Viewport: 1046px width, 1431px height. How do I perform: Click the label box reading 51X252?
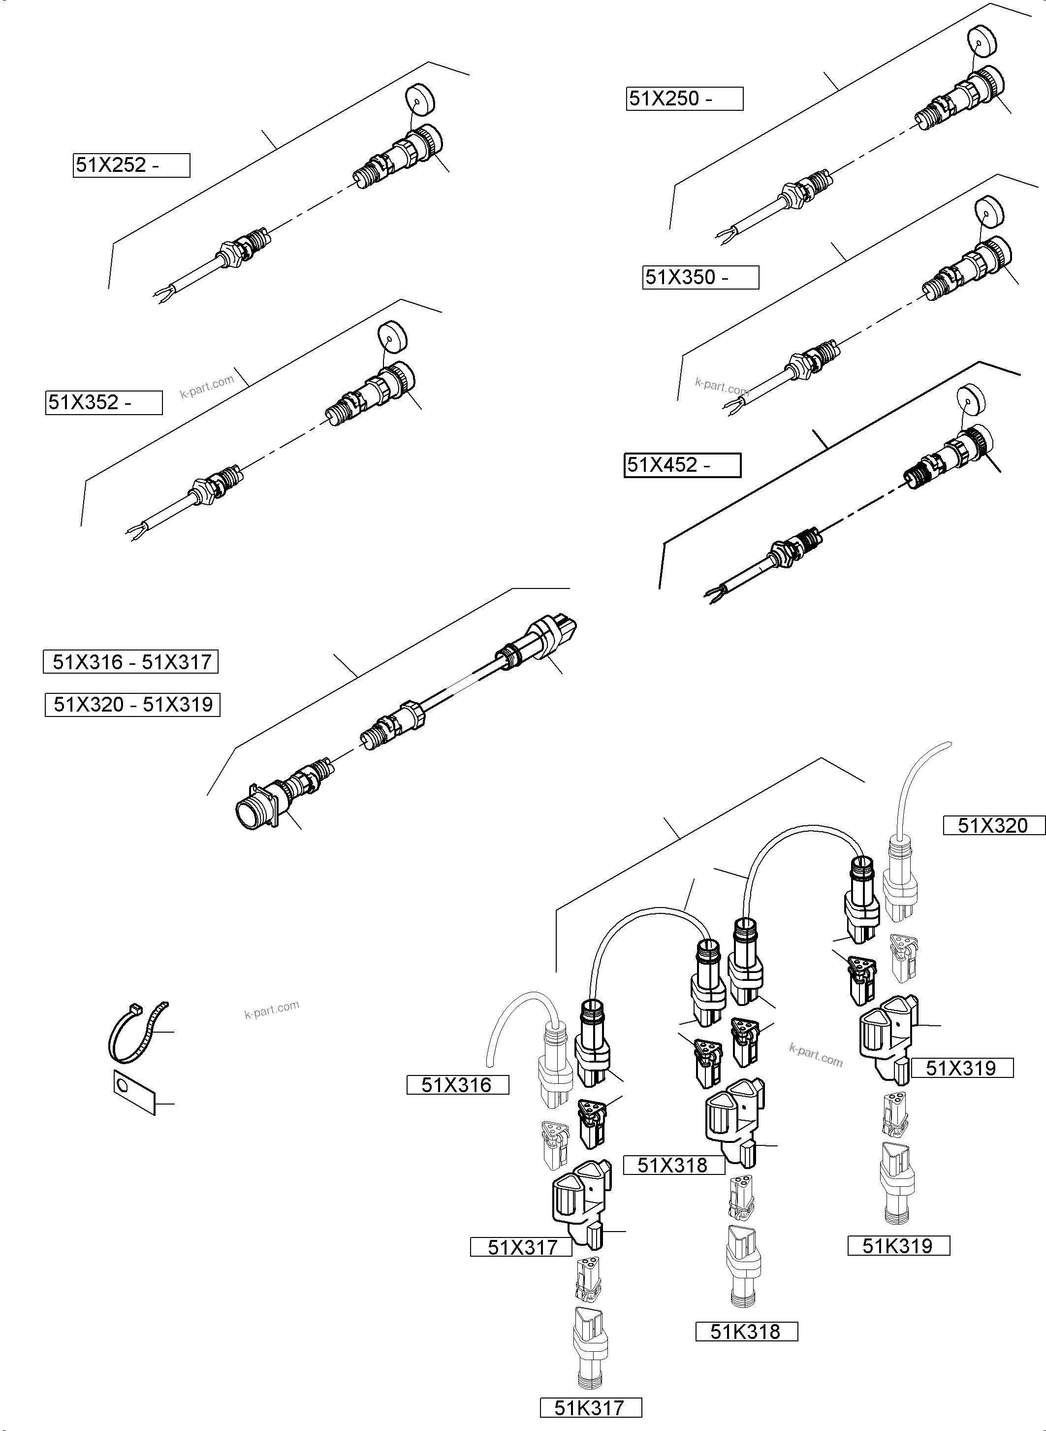click(131, 165)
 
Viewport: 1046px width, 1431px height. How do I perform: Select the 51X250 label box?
click(685, 99)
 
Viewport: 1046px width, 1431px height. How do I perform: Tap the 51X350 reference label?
click(700, 277)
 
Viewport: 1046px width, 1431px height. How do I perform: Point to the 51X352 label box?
click(104, 403)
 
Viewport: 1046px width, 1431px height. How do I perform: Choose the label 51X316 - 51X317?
click(131, 662)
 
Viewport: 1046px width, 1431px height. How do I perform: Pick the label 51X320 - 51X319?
click(132, 704)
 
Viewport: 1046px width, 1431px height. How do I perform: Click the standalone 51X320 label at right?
click(993, 826)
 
